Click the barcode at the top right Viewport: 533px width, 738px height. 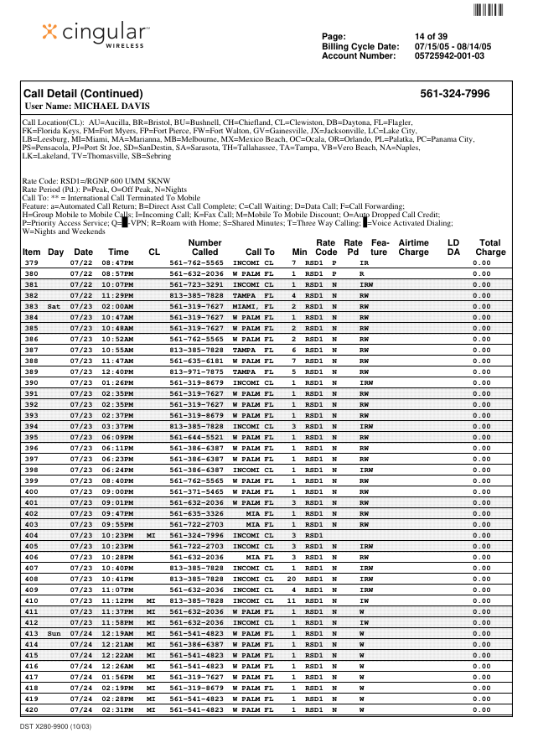pos(488,10)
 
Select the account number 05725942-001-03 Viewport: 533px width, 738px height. pos(449,56)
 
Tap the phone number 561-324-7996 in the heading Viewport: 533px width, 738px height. pos(454,94)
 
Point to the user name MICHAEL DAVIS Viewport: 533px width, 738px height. pos(88,107)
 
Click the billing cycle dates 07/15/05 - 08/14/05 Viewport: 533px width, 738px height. pos(453,46)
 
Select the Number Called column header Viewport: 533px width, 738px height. pos(204,247)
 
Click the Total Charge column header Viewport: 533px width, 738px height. pos(490,247)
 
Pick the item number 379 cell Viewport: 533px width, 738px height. pos(32,262)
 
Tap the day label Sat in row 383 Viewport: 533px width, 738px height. pos(54,307)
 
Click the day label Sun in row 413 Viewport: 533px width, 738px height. pos(54,634)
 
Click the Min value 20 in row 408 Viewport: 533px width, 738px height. pos(292,579)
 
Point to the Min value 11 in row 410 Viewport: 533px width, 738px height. pos(292,601)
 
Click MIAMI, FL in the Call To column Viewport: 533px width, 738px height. pos(253,307)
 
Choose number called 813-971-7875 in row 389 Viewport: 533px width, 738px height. pos(197,372)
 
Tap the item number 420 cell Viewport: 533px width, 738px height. pos(32,710)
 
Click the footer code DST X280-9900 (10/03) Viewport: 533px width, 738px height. pos(55,726)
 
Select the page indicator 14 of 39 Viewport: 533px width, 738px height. pos(431,36)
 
